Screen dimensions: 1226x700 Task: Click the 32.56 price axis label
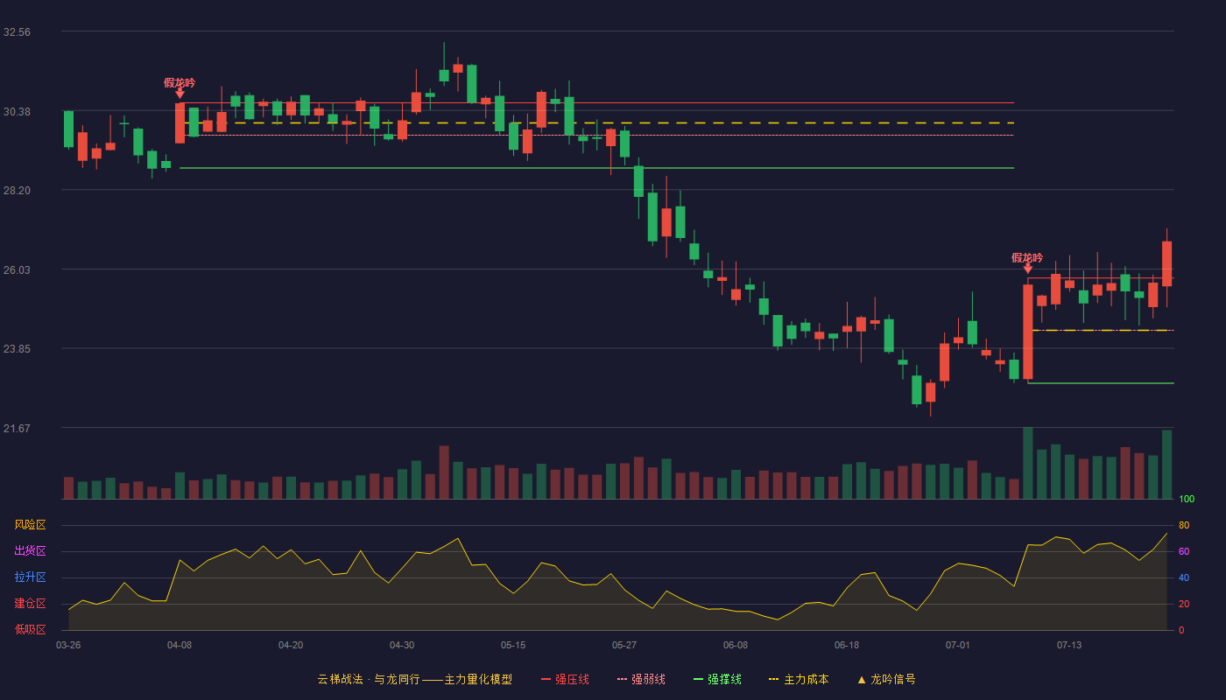click(x=17, y=32)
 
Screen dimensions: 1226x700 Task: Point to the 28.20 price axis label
click(x=17, y=191)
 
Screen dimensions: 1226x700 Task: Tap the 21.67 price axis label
click(x=17, y=428)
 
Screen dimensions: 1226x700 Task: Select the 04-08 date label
click(x=180, y=646)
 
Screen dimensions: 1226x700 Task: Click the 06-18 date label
click(x=847, y=646)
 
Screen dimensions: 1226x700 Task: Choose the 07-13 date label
click(x=1069, y=646)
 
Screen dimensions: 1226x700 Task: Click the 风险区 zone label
click(x=30, y=525)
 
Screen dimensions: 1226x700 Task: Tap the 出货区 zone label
click(x=30, y=550)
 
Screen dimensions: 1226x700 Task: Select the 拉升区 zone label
click(x=30, y=577)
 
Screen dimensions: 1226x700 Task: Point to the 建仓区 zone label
click(x=30, y=603)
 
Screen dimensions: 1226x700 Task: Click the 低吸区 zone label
click(x=30, y=629)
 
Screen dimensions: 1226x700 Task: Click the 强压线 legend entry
click(x=565, y=679)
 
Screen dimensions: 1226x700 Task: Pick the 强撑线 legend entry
click(x=717, y=679)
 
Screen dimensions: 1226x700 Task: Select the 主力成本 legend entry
click(x=799, y=679)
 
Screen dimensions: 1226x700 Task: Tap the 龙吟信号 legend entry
click(x=886, y=679)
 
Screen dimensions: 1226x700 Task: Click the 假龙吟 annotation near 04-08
click(x=180, y=82)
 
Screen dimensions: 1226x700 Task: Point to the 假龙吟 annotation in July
click(x=1027, y=257)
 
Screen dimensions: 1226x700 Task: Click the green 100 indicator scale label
click(x=1187, y=499)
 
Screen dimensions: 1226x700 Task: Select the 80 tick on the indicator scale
click(x=1184, y=525)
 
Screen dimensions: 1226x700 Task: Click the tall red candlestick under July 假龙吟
click(x=1028, y=332)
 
